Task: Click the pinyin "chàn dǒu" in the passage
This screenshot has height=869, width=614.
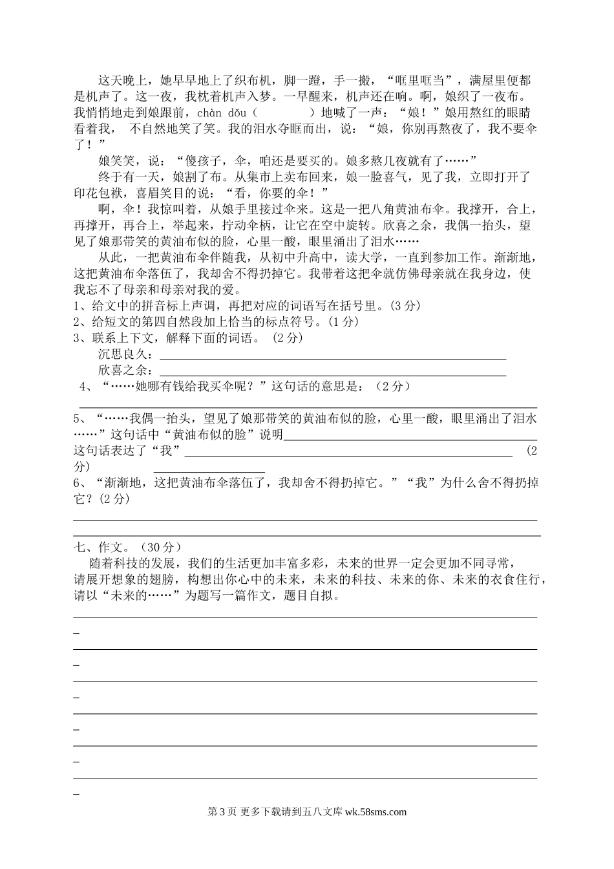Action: coord(233,113)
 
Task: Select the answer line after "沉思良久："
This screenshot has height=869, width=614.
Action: coord(332,358)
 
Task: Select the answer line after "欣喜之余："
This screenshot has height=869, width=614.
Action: coord(332,374)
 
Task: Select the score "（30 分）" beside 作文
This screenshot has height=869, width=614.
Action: coord(160,547)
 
